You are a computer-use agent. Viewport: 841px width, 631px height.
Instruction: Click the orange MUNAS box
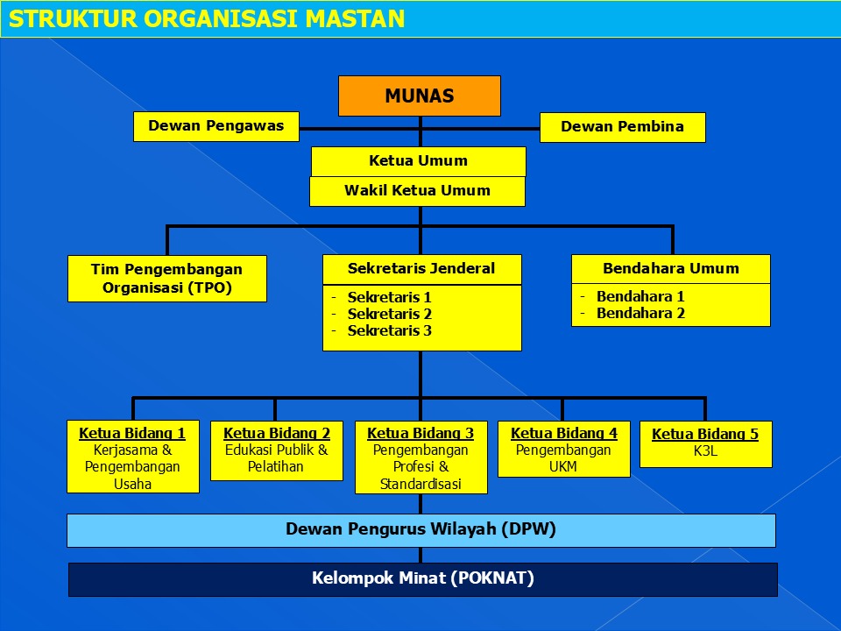(x=420, y=96)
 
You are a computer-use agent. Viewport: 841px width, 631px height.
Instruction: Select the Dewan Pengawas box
(x=216, y=126)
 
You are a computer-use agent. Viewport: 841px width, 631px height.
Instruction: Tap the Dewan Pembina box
(x=623, y=127)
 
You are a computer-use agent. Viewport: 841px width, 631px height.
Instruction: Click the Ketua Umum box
(x=419, y=161)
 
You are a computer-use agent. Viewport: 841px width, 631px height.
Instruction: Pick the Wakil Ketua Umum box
(x=417, y=191)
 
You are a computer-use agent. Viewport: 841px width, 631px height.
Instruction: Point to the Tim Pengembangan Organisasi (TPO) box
(x=167, y=279)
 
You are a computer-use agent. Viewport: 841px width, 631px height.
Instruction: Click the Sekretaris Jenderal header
(x=422, y=269)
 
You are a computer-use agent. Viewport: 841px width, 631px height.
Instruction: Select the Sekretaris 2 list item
(x=389, y=314)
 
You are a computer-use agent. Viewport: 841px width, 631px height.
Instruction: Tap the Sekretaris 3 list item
(x=389, y=330)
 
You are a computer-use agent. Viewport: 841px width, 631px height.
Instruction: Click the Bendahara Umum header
(x=671, y=269)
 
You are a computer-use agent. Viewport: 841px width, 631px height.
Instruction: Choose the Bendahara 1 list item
(x=640, y=296)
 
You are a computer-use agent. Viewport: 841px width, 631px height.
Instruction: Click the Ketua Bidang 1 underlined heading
(x=132, y=433)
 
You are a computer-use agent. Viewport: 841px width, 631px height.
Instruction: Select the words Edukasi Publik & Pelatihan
(x=276, y=458)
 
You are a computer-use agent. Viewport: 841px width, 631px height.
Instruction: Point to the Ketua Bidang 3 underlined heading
(x=420, y=433)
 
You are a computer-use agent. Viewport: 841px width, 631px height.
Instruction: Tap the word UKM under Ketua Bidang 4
(x=563, y=467)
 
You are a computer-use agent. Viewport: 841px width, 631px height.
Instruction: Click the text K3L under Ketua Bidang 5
(x=705, y=450)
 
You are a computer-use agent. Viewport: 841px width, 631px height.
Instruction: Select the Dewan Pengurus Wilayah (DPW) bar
(x=421, y=531)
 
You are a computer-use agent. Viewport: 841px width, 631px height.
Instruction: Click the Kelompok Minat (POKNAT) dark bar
(x=422, y=579)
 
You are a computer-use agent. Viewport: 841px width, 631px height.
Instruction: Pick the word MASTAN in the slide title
(x=355, y=18)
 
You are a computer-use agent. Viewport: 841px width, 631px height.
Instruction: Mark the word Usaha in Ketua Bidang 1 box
(x=132, y=484)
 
